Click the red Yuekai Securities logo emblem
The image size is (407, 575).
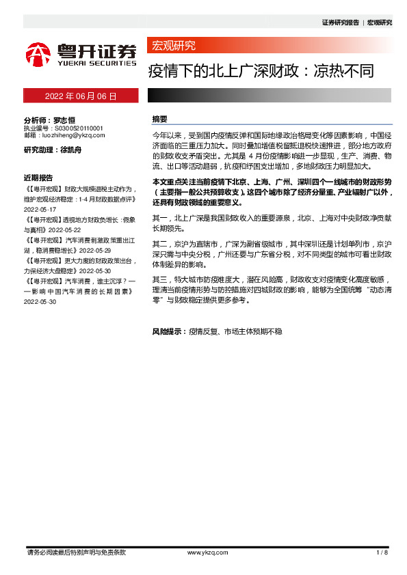coord(38,53)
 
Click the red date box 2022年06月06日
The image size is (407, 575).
coord(81,96)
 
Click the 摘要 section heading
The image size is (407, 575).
coord(160,119)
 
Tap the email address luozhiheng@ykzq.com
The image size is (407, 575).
coord(75,135)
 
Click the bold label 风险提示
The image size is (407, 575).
coord(167,331)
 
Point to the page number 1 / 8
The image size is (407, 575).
coord(382,552)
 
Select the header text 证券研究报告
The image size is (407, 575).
coord(340,23)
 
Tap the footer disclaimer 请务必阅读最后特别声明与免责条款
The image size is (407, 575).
coord(76,552)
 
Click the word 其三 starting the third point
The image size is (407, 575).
coord(159,279)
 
